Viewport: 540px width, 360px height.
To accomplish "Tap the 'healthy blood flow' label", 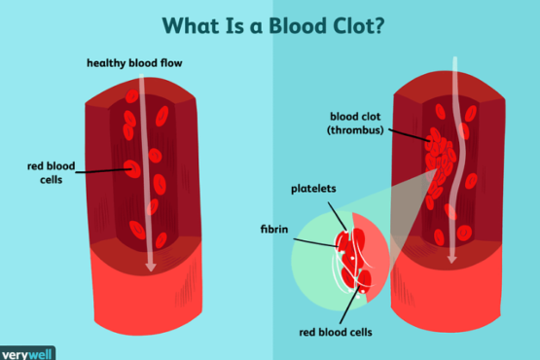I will (x=134, y=64).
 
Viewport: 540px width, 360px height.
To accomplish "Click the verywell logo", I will (x=27, y=352).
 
